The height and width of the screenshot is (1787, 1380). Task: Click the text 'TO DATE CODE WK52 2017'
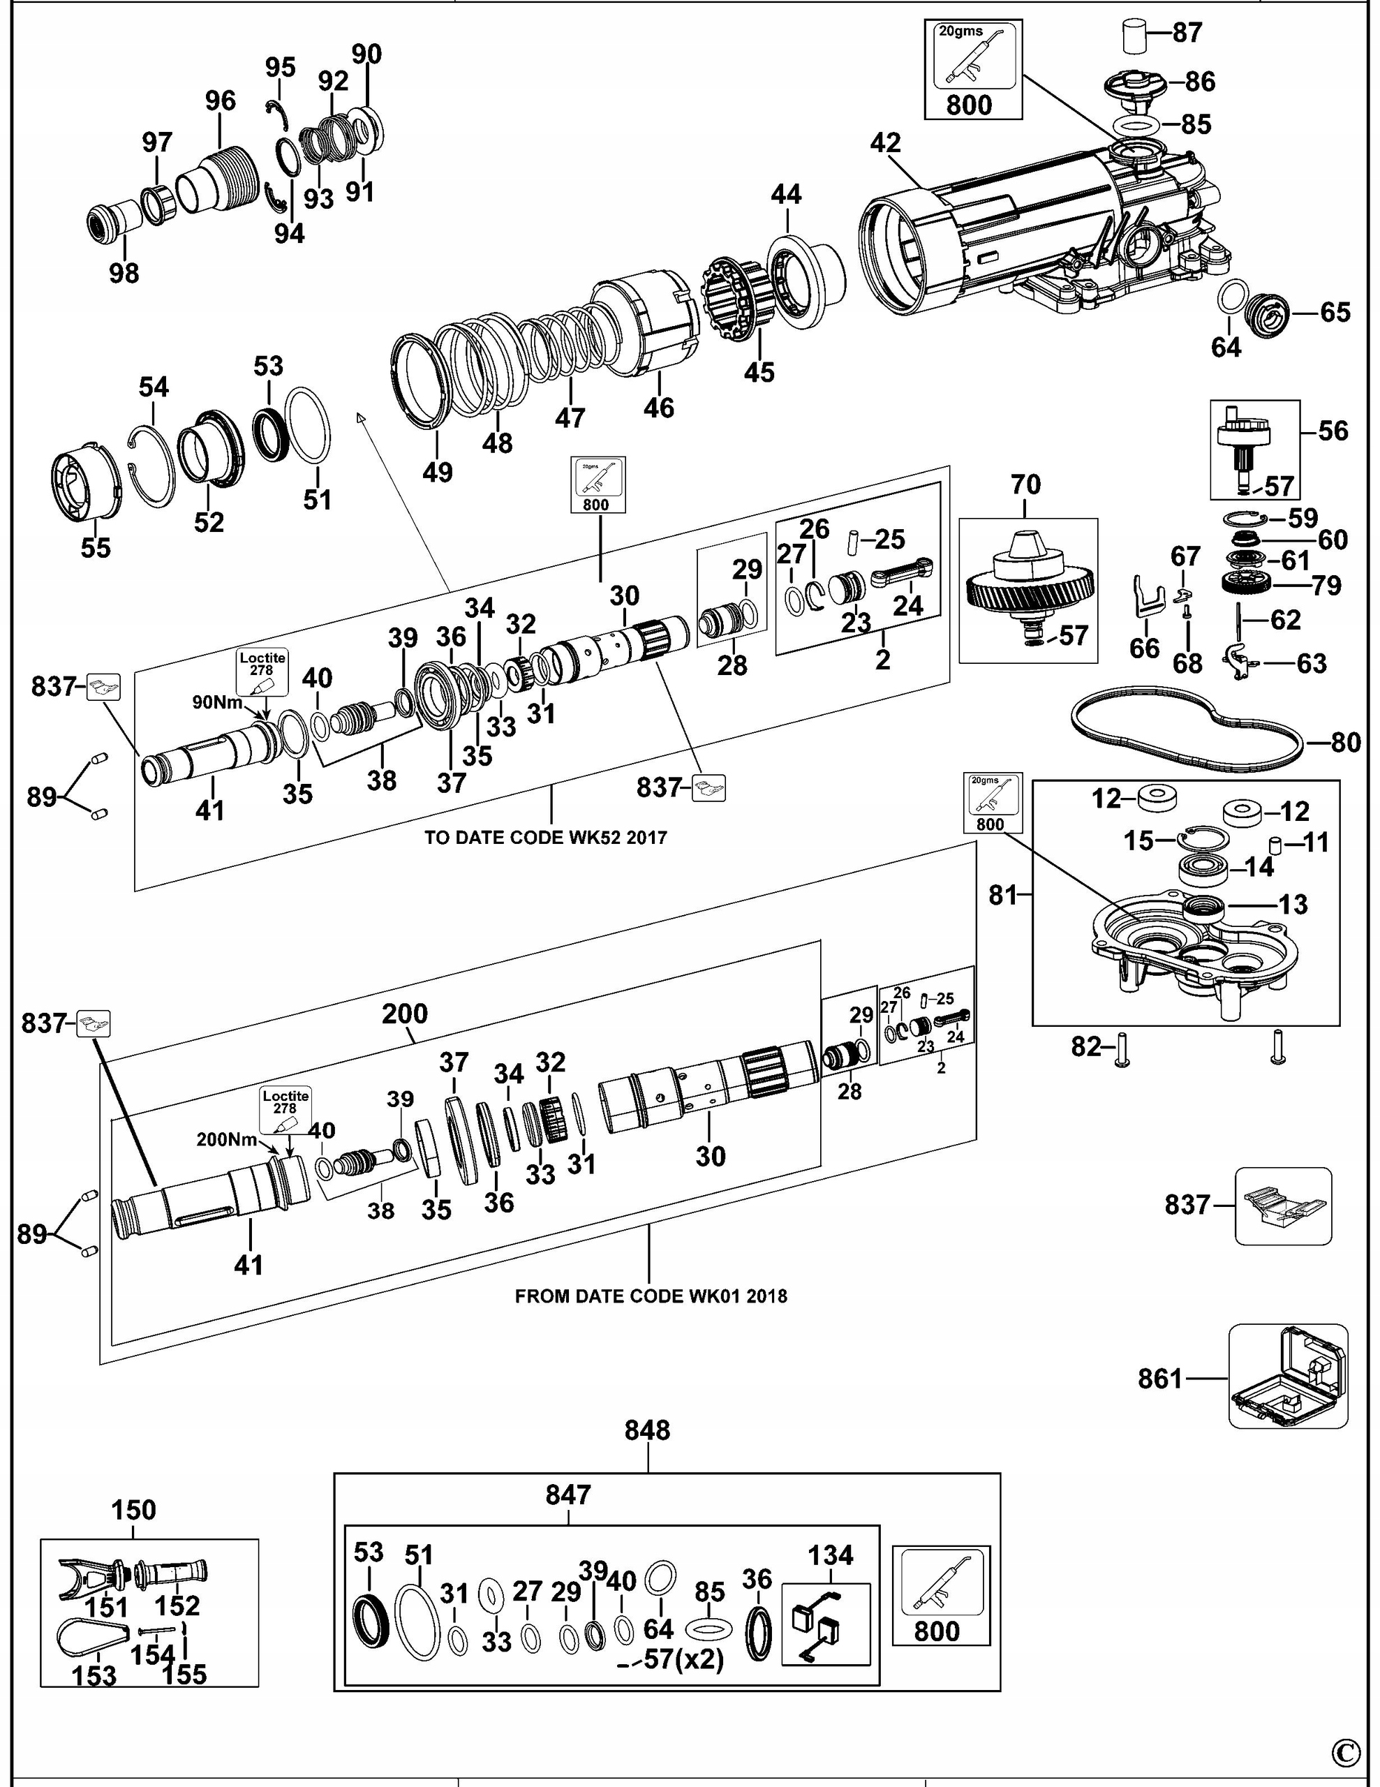pyautogui.click(x=546, y=837)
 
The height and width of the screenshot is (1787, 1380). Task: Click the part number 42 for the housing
pyautogui.click(x=885, y=143)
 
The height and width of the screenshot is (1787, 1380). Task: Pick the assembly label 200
pyautogui.click(x=405, y=1014)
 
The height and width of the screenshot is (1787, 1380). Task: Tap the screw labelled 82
pyautogui.click(x=1122, y=1049)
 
